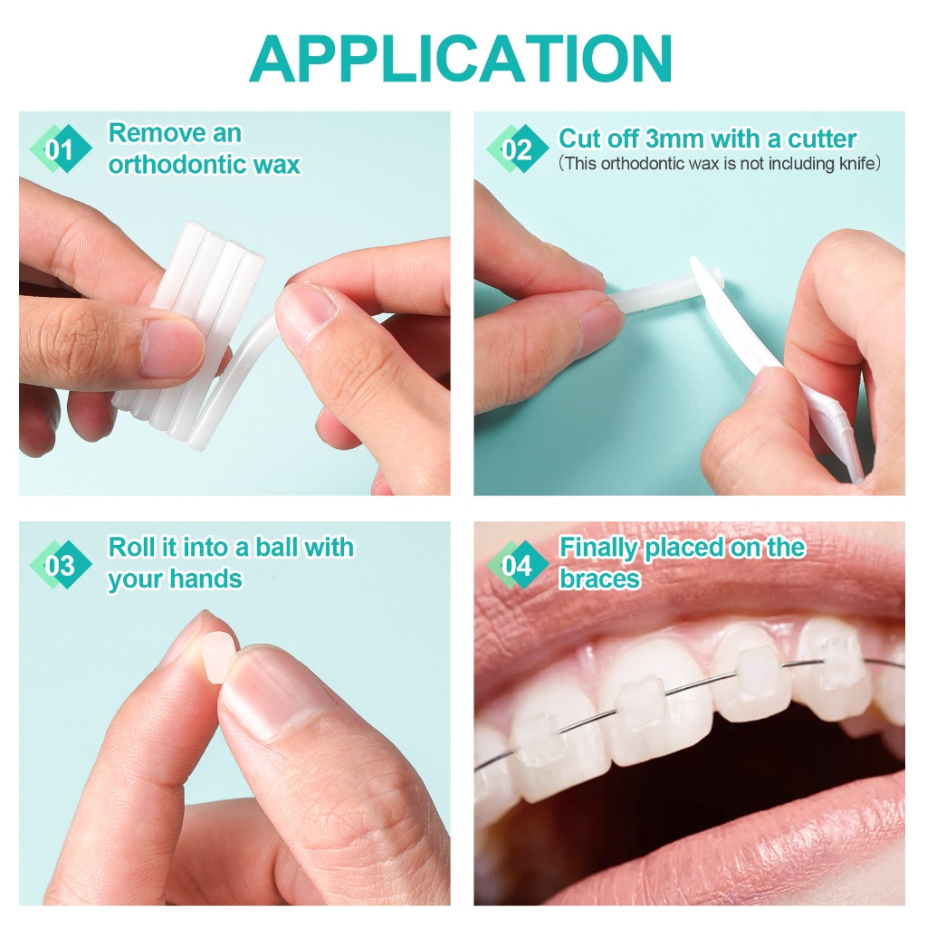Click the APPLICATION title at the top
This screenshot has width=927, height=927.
(461, 58)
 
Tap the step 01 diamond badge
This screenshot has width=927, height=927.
(62, 148)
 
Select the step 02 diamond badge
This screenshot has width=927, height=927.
(518, 148)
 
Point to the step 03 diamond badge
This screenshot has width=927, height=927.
(62, 565)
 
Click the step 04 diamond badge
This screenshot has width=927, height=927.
(518, 565)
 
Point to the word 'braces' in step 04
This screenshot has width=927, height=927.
(599, 578)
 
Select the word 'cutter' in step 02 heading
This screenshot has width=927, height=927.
(822, 139)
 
